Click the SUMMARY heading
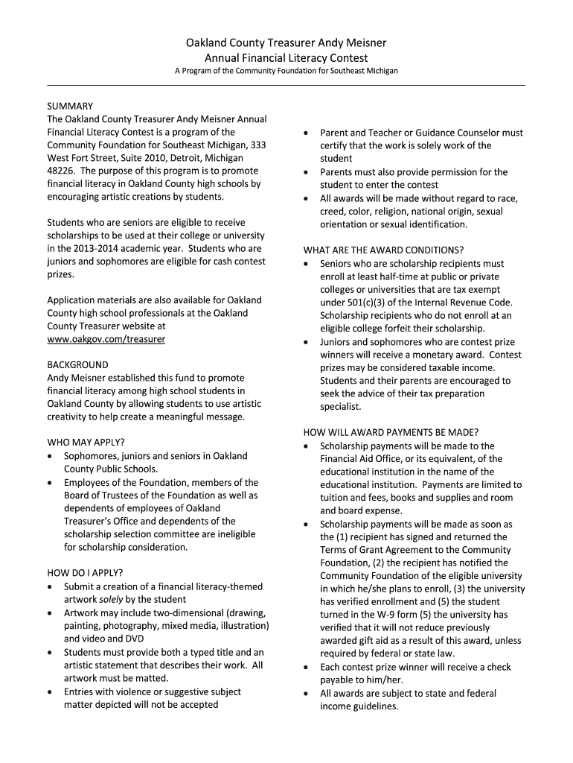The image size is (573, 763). pos(70,106)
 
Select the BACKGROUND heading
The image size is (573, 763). pos(77,365)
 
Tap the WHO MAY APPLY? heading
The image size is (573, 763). pos(86,443)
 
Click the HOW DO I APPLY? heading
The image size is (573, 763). pos(86,573)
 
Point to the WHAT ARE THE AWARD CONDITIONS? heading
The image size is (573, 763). pos(383,250)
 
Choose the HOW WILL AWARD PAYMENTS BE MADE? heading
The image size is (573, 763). pos(391,433)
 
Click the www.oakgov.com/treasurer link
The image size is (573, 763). pos(106,339)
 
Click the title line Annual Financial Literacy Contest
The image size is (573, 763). pos(286,57)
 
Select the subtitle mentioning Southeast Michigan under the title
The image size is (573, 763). pos(286,71)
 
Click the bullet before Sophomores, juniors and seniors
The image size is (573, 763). pos(50,456)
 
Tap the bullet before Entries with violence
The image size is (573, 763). pos(50,691)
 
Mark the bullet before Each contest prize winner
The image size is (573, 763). pos(307,667)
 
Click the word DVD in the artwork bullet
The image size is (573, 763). pos(135,639)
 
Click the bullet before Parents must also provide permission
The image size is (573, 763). pos(307,172)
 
